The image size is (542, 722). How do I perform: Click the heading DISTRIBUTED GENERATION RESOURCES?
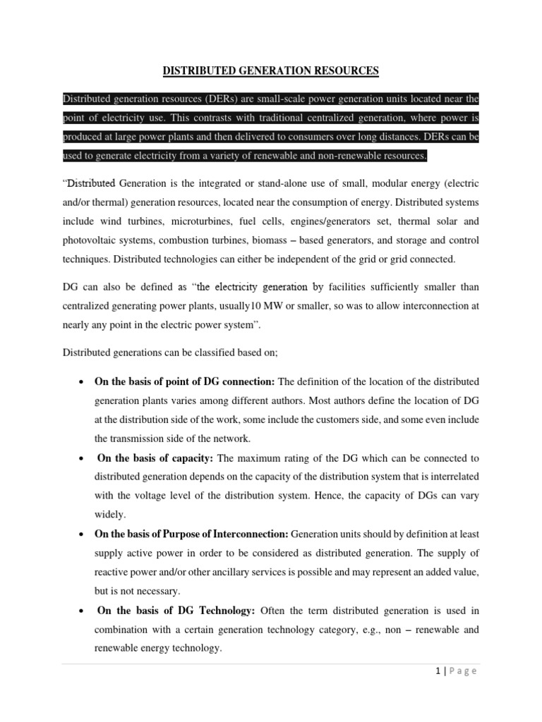pyautogui.click(x=271, y=71)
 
